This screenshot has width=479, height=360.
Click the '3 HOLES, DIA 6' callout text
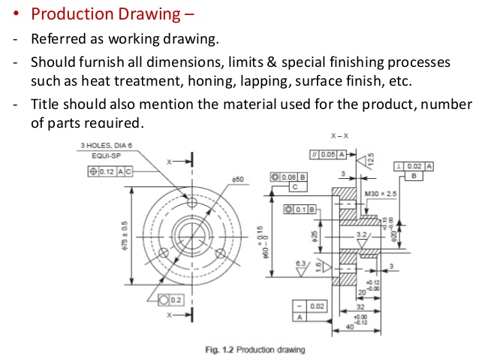click(x=105, y=145)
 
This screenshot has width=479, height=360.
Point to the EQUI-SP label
click(x=106, y=155)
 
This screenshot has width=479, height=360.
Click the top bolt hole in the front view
click(x=193, y=203)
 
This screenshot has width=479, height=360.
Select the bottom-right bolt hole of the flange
click(x=221, y=253)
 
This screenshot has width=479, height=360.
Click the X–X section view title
click(x=339, y=136)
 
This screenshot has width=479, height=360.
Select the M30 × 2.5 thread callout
click(x=379, y=195)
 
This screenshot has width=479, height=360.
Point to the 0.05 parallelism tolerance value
click(x=327, y=154)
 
